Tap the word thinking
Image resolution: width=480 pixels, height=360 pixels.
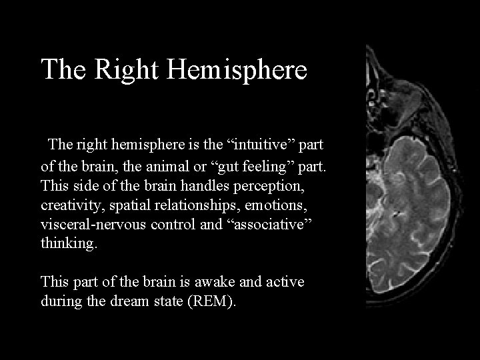[69, 244]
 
